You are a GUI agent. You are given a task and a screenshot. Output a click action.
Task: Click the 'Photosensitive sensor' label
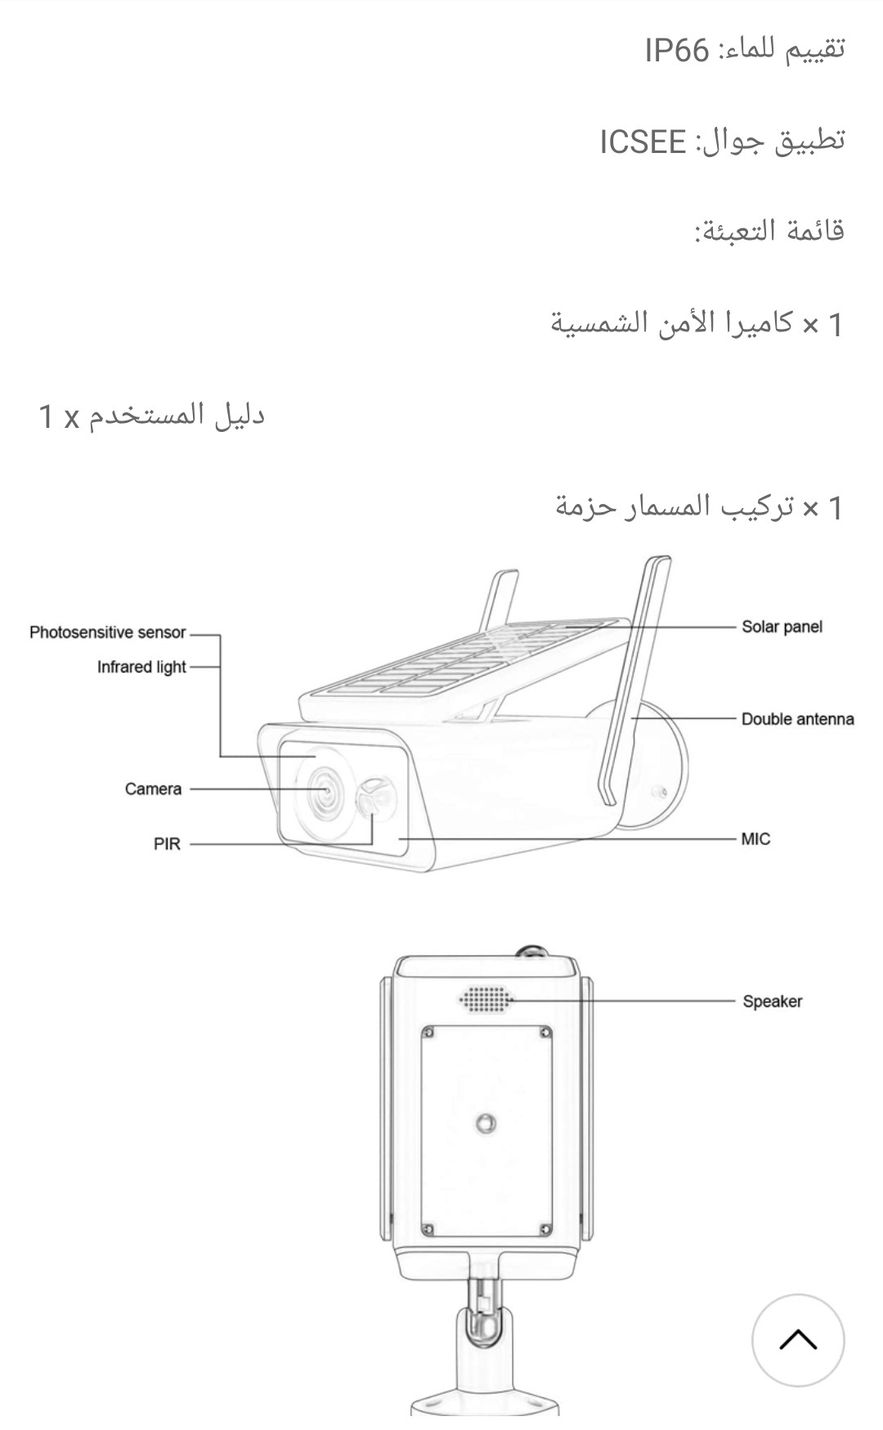pyautogui.click(x=107, y=632)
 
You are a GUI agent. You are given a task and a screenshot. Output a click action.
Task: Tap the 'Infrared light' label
pyautogui.click(x=141, y=667)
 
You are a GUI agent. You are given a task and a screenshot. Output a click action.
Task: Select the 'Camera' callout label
pyautogui.click(x=153, y=789)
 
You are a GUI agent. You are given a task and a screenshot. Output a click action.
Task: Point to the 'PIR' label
pyautogui.click(x=167, y=843)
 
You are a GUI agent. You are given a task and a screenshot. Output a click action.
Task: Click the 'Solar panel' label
pyautogui.click(x=782, y=627)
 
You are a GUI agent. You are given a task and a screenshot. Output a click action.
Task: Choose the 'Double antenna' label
pyautogui.click(x=797, y=719)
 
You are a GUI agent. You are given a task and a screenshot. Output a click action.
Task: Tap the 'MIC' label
pyautogui.click(x=755, y=839)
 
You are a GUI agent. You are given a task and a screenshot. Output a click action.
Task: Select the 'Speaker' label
pyautogui.click(x=772, y=1001)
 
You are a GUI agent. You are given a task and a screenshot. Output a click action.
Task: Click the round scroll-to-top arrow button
pyautogui.click(x=797, y=1340)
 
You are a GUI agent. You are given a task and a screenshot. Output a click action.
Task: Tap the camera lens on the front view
pyautogui.click(x=325, y=790)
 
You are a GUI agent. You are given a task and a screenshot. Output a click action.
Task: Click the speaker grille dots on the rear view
pyautogui.click(x=486, y=999)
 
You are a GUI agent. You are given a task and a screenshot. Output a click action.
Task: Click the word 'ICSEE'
pyautogui.click(x=643, y=142)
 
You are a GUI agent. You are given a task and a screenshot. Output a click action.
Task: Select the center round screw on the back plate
pyautogui.click(x=486, y=1123)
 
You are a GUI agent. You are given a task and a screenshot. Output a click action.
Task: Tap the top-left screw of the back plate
pyautogui.click(x=428, y=1033)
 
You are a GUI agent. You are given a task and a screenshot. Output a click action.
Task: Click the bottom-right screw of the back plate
pyautogui.click(x=544, y=1229)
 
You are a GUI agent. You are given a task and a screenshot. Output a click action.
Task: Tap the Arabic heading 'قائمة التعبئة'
pyautogui.click(x=769, y=232)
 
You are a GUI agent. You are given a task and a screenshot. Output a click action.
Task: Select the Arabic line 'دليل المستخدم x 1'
pyautogui.click(x=152, y=416)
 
